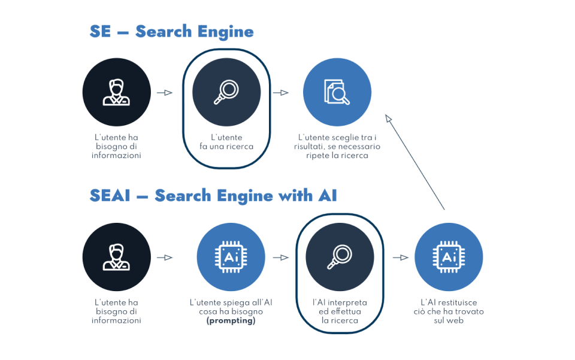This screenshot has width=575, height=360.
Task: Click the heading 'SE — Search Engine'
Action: (171, 32)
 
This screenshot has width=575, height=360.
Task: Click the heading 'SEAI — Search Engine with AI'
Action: (213, 195)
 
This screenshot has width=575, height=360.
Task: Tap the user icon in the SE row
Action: (116, 92)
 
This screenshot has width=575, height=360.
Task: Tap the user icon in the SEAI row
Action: (116, 257)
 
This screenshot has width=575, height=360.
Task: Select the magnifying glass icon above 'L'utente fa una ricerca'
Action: (226, 92)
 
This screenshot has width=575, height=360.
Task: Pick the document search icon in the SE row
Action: (337, 92)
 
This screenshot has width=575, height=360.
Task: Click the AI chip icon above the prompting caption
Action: (231, 257)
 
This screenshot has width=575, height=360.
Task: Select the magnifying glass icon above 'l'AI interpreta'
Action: (340, 257)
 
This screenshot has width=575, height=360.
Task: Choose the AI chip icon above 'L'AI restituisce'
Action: (449, 257)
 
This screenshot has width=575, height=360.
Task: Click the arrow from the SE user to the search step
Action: (164, 93)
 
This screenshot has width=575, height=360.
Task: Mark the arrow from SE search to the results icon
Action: (280, 93)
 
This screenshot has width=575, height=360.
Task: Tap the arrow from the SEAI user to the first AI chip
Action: (164, 258)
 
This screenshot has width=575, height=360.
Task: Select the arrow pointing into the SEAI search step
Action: (280, 258)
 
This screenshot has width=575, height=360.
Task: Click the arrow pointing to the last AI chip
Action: (400, 258)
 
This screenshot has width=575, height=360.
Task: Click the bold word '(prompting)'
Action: (231, 320)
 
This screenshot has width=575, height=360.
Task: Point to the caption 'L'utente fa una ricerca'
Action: (226, 142)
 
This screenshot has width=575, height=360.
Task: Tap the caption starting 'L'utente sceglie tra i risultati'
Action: (337, 146)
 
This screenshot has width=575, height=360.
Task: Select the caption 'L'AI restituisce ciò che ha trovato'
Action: (449, 311)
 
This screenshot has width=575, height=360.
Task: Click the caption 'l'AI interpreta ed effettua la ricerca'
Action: (340, 311)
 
